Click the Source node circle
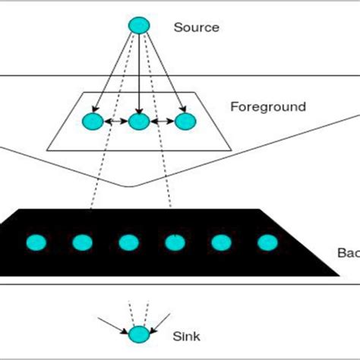coord(138,25)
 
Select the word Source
coord(196,28)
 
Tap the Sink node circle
coord(138,334)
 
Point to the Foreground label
coord(267,107)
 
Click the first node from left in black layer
coord(36,242)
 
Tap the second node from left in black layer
coord(82,242)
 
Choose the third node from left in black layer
coord(128,242)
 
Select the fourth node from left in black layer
coord(175,242)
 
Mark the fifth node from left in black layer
coord(221,242)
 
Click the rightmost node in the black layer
coord(267,242)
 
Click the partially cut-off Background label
coord(347,251)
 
